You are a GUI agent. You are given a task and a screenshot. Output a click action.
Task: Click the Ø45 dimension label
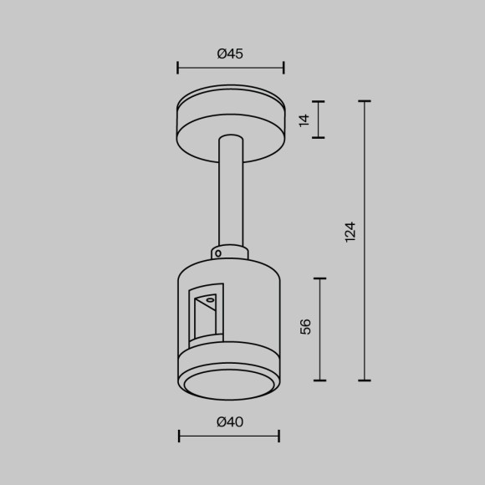pyautogui.click(x=230, y=54)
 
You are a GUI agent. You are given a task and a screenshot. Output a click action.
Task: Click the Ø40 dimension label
pyautogui.click(x=230, y=422)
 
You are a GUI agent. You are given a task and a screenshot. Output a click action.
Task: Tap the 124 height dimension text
pyautogui.click(x=350, y=232)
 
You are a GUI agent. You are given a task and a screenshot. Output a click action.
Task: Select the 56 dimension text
pyautogui.click(x=305, y=326)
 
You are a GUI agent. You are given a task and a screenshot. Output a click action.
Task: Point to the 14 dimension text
pyautogui.click(x=304, y=120)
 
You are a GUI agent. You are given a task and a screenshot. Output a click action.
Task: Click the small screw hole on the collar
pyautogui.click(x=217, y=252)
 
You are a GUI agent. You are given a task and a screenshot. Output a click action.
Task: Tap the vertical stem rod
pyautogui.click(x=230, y=192)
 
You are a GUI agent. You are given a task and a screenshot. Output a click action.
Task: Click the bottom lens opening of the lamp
pyautogui.click(x=229, y=384)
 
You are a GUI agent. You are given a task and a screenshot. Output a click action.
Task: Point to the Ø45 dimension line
pyautogui.click(x=230, y=68)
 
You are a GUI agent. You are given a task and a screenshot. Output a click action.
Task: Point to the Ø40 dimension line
pyautogui.click(x=229, y=436)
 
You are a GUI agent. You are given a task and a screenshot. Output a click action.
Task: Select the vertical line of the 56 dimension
pyautogui.click(x=320, y=329)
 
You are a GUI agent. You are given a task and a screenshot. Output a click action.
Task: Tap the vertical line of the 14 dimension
pyautogui.click(x=319, y=120)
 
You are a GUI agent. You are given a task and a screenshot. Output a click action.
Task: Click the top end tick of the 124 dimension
pyautogui.click(x=365, y=101)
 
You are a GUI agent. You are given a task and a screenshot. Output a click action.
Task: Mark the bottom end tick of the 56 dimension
pyautogui.click(x=320, y=380)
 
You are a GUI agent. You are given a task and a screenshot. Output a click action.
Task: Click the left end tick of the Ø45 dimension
pyautogui.click(x=178, y=68)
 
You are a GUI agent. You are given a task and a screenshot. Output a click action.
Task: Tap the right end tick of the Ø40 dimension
pyautogui.click(x=278, y=436)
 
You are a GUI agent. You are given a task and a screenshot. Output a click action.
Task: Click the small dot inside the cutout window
pyautogui.click(x=211, y=299)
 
